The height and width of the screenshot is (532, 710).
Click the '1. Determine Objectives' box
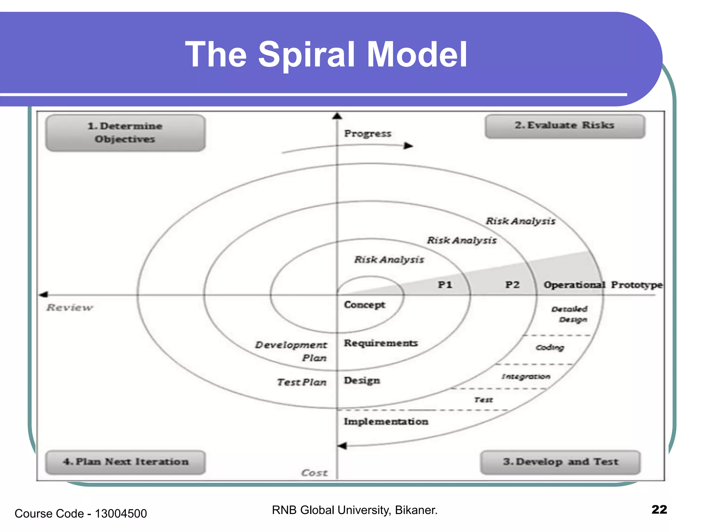[125, 133]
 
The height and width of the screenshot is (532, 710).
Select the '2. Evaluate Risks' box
[565, 126]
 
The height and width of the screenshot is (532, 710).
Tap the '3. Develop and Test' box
[560, 462]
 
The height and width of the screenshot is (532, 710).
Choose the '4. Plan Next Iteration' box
[125, 462]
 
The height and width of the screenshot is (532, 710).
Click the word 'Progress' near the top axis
[367, 134]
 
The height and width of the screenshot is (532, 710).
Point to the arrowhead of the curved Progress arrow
[409, 146]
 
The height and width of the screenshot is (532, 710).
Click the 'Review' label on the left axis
[70, 308]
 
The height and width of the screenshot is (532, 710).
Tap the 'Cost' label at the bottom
[314, 473]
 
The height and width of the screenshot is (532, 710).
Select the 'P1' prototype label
[445, 285]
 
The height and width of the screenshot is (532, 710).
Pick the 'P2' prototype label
[512, 285]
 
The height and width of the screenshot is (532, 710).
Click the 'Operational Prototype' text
[603, 285]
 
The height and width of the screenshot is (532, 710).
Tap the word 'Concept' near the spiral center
[364, 305]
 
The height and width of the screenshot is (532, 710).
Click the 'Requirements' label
[381, 343]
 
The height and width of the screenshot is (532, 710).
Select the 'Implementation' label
[386, 422]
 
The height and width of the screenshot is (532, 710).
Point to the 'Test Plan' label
[302, 382]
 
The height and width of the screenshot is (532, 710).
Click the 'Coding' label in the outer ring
[550, 347]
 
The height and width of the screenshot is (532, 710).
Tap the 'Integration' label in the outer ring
[526, 376]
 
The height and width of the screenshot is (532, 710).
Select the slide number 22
[659, 509]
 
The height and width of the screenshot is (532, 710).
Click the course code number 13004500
[121, 514]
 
